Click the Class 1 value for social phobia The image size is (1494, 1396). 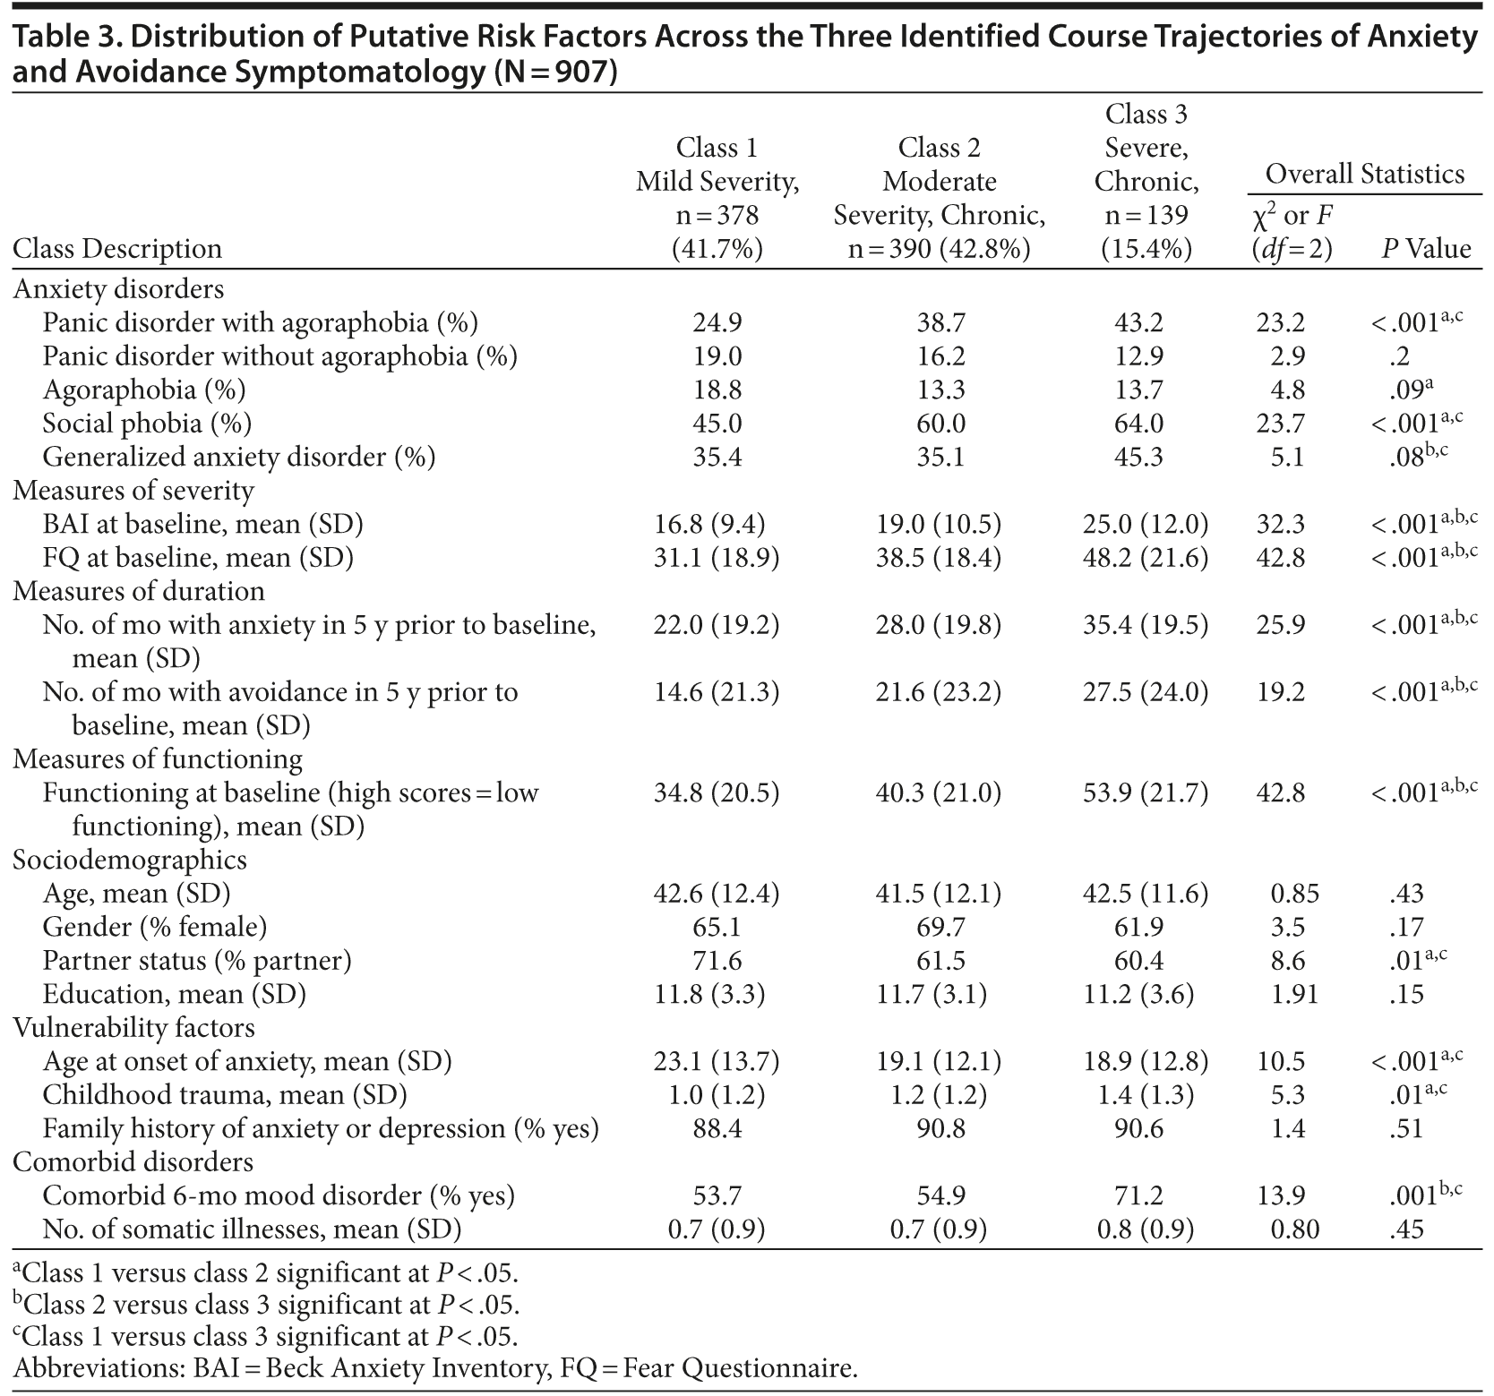tap(717, 424)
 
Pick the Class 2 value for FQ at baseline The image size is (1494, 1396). tap(939, 558)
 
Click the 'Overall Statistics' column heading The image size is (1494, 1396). tap(1364, 174)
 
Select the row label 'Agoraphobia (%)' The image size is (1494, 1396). tap(144, 390)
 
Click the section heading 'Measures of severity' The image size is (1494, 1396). tap(133, 491)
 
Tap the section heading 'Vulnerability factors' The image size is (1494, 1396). tap(133, 1028)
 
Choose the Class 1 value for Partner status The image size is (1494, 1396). tap(717, 961)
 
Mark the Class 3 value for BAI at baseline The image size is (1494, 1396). tap(1146, 524)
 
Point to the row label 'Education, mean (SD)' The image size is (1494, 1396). tap(175, 995)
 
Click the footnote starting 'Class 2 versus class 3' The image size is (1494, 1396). tap(265, 1304)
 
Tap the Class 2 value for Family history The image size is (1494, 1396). tap(940, 1129)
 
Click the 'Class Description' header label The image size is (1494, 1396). tap(117, 249)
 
